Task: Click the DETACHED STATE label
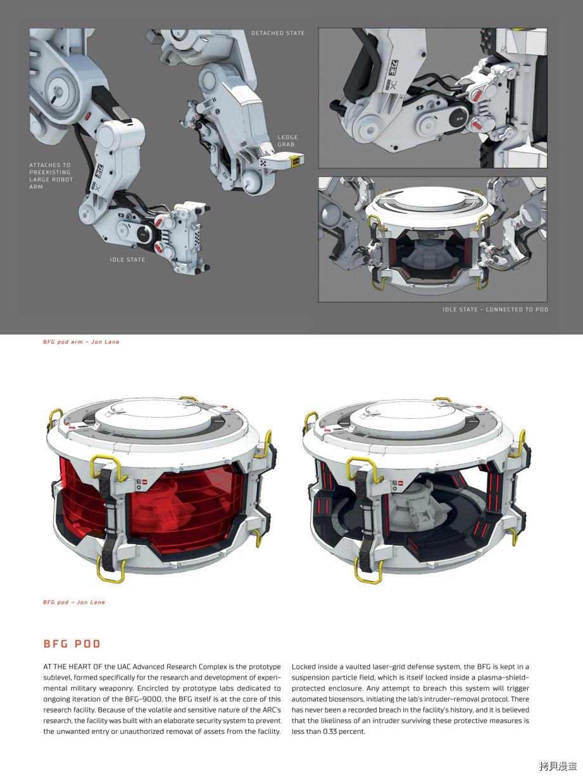[278, 33]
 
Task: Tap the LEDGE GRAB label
[287, 140]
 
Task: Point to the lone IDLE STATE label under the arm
[127, 259]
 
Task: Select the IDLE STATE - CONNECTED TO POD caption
[495, 309]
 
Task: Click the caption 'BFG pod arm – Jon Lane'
[81, 342]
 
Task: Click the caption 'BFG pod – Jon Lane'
[74, 602]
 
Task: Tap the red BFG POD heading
[72, 643]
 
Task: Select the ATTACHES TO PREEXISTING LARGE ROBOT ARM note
[51, 176]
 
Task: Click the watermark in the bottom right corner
[558, 766]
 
